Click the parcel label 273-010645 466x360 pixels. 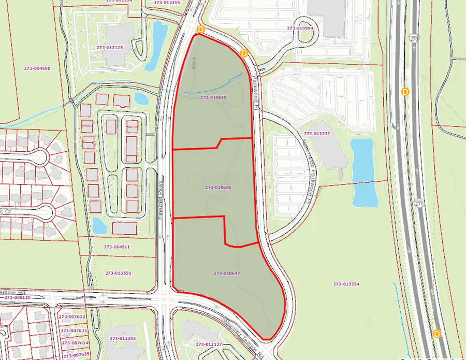[x=213, y=97]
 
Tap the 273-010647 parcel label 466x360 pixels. [x=227, y=273]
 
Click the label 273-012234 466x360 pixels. [x=346, y=284]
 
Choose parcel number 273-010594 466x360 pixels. [x=301, y=28]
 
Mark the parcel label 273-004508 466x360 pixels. [x=37, y=68]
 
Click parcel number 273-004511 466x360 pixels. [x=116, y=247]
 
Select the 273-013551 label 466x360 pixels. [x=118, y=273]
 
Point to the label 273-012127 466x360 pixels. [x=209, y=344]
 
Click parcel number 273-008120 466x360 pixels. [x=18, y=298]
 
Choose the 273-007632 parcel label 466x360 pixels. [x=72, y=316]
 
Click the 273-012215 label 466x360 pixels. [x=167, y=3]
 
